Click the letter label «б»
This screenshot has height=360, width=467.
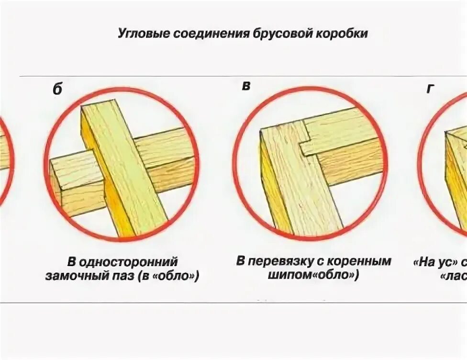pyautogui.click(x=57, y=90)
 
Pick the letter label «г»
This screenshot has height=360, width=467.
pyautogui.click(x=430, y=89)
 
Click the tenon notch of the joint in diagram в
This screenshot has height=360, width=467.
pyautogui.click(x=306, y=146)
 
